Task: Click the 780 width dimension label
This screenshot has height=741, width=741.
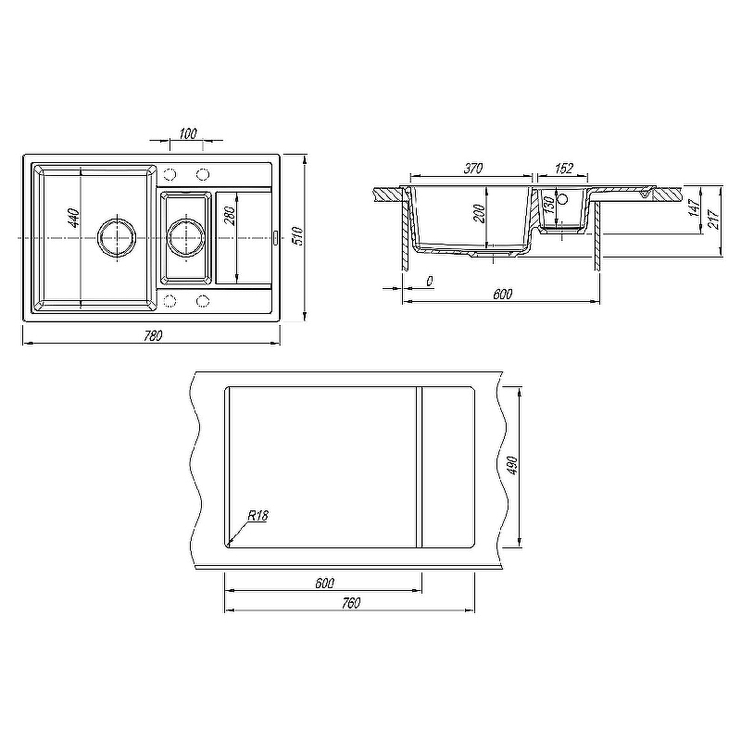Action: [152, 335]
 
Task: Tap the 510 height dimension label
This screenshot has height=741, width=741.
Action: [297, 236]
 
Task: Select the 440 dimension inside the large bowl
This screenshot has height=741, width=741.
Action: [75, 218]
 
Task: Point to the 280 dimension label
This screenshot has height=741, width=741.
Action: [229, 216]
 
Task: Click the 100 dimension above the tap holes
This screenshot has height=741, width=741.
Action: [188, 133]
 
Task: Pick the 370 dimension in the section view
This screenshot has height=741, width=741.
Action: [472, 169]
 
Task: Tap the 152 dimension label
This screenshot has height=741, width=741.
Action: [564, 169]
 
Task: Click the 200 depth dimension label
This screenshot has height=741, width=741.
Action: [479, 214]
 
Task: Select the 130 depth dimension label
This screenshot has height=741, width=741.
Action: [548, 206]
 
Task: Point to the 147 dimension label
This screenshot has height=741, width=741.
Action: [694, 207]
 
